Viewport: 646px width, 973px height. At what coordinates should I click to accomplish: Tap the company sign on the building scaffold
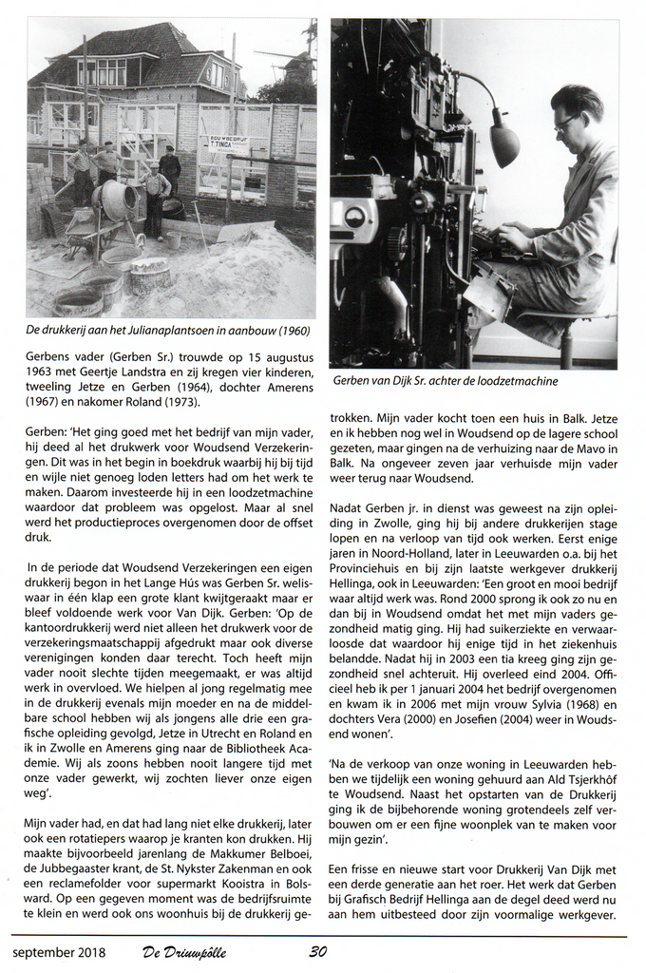pos(229,145)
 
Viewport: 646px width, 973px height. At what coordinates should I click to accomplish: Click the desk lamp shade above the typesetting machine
pos(503,143)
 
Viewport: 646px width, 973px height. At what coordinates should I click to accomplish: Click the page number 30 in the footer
pos(318,952)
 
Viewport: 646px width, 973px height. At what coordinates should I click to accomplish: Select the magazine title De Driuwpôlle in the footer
pos(185,952)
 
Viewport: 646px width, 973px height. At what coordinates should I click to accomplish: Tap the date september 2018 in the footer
pos(59,952)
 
